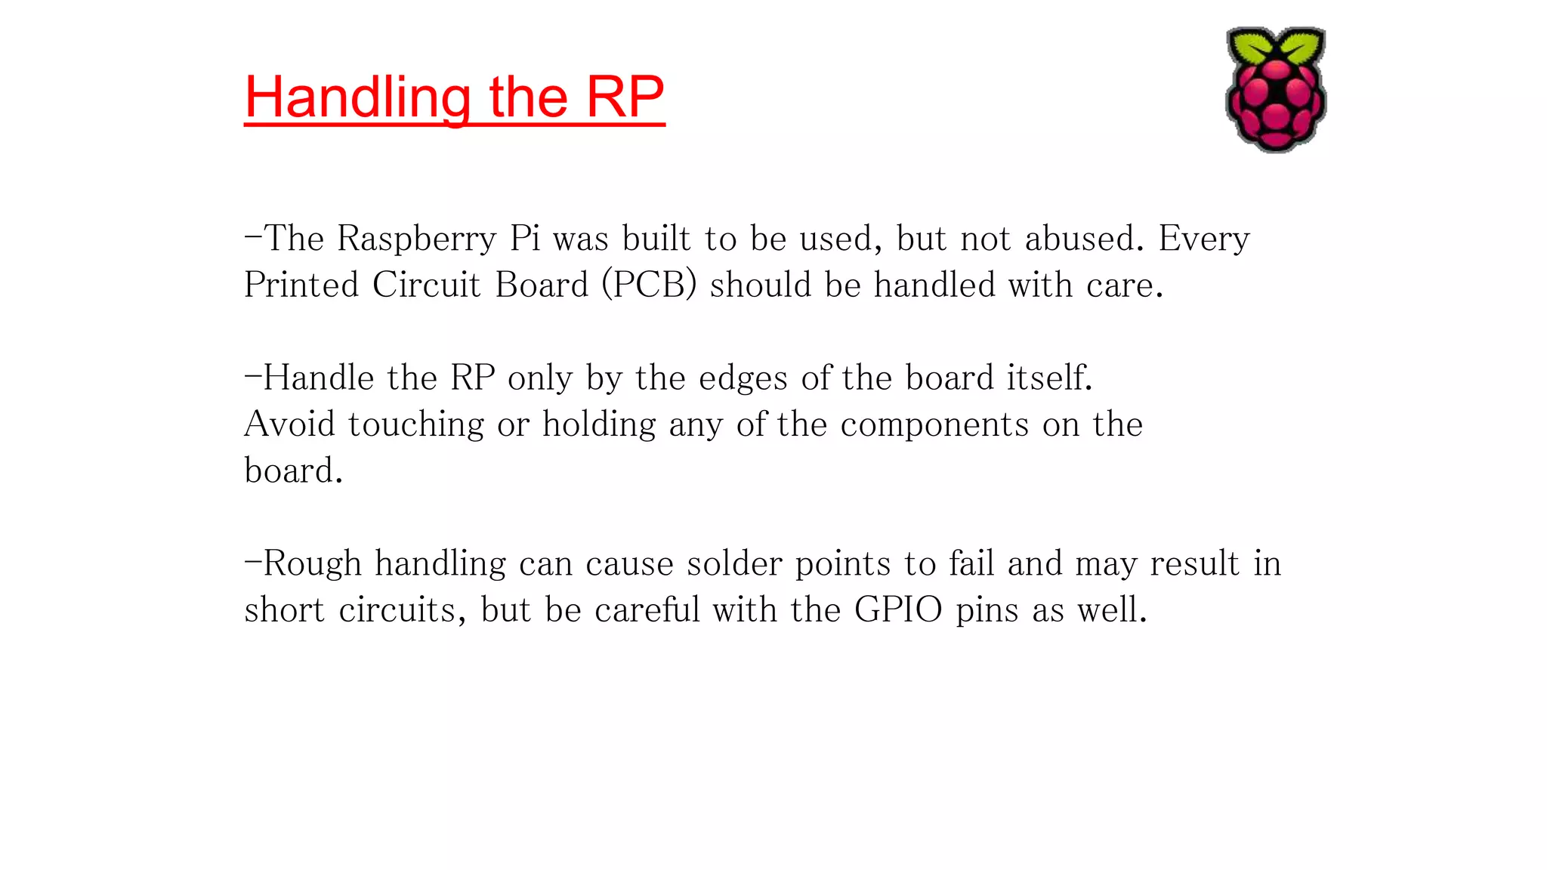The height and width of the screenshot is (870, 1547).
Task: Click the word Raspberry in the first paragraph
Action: (x=417, y=239)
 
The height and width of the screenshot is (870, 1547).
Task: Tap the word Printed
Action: (x=301, y=285)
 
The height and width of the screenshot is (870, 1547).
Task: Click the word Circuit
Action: (x=426, y=285)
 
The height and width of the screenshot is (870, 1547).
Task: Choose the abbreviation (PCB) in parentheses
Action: (x=649, y=285)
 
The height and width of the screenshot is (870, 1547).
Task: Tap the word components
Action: (x=934, y=424)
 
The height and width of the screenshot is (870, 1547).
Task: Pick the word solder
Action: (x=733, y=563)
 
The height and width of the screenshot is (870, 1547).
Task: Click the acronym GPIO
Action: (x=898, y=609)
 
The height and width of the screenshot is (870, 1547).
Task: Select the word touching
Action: (x=416, y=424)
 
